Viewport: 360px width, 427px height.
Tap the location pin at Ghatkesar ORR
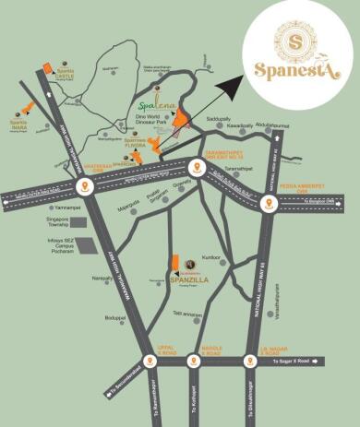[86, 185]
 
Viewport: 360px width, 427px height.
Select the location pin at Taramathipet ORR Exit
[196, 168]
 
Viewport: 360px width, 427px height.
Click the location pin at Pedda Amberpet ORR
[268, 206]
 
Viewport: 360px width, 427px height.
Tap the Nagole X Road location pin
[193, 361]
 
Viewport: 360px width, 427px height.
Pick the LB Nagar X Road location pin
[249, 361]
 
